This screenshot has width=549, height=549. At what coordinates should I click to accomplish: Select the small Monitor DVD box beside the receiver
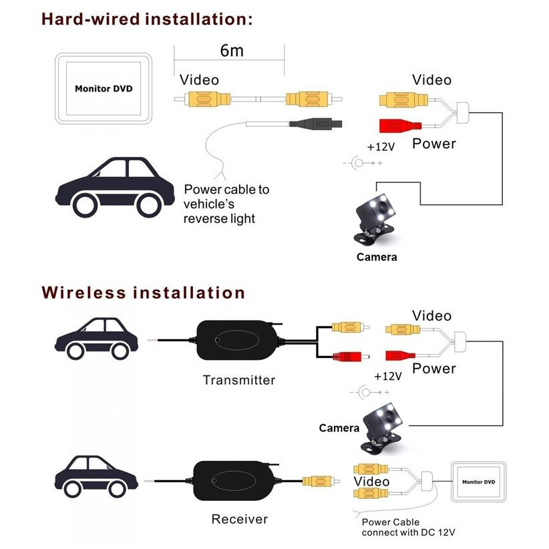tap(478, 482)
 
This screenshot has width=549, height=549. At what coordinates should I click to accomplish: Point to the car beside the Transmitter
tap(97, 338)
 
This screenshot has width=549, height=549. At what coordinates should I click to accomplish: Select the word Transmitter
tap(239, 380)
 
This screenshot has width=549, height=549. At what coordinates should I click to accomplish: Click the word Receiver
tap(239, 519)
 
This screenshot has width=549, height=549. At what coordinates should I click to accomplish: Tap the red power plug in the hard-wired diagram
tap(397, 126)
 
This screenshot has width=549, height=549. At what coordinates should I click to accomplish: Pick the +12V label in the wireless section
tap(387, 376)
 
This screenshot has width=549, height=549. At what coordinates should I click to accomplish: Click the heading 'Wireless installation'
tap(144, 293)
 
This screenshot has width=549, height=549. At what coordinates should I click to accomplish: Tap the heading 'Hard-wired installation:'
tap(148, 18)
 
